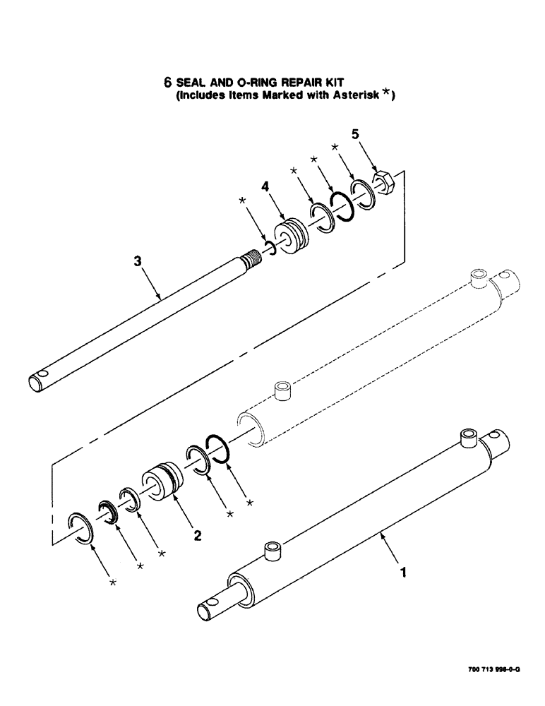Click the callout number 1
(403, 574)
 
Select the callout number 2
(198, 536)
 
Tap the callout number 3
(138, 261)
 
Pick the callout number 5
(356, 133)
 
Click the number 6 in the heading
(168, 82)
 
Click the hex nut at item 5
(383, 183)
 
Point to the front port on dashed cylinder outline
(283, 390)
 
